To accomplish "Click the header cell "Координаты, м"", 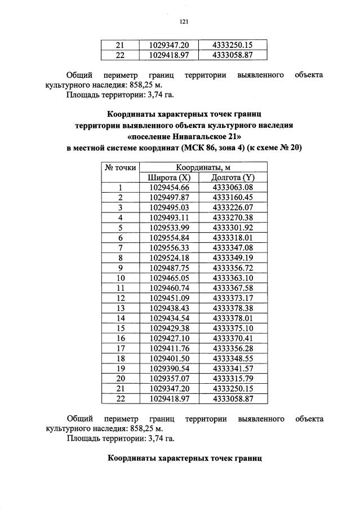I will point(203,168).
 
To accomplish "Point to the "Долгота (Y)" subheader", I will point(233,178).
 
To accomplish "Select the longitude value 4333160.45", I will point(233,197).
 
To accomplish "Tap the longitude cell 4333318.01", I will point(233,238).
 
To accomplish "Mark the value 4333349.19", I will point(233,258).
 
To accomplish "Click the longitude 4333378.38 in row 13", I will point(233,308).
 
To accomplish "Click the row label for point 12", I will point(120,298).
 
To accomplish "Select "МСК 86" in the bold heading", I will point(208,148).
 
